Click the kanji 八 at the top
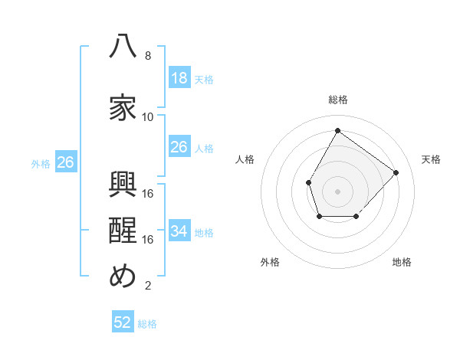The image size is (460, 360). point(123,45)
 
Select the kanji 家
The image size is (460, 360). point(123,107)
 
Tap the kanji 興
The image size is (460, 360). point(123,184)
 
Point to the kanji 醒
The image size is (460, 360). point(123,230)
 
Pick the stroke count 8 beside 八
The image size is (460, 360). point(148,56)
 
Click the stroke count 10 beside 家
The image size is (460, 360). point(147,117)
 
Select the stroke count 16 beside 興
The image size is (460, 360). point(147,194)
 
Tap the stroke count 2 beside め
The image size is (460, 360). point(148,286)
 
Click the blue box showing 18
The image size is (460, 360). point(180,77)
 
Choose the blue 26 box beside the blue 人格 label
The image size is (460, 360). point(180,146)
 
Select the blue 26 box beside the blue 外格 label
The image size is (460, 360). point(66,162)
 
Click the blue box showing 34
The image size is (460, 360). point(180,230)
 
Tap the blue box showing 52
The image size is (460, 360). point(123,321)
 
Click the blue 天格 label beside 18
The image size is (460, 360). point(204,80)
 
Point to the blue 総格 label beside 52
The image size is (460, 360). point(147,324)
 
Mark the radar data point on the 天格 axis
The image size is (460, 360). point(396,172)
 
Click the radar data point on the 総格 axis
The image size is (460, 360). point(337,130)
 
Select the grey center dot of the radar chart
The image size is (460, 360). point(337,191)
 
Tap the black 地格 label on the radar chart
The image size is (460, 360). point(402,262)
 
